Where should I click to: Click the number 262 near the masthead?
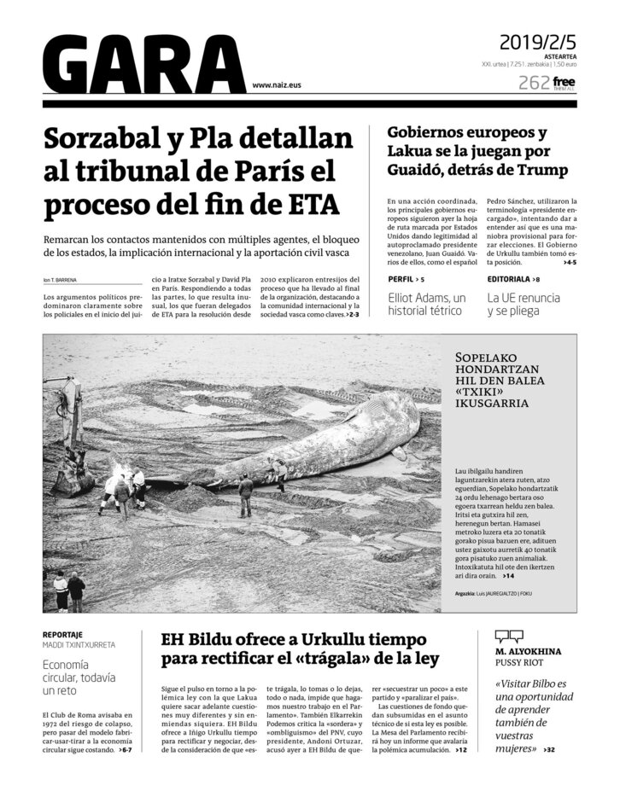[534, 83]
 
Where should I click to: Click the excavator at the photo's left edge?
[67, 435]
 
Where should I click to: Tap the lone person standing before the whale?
[246, 496]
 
